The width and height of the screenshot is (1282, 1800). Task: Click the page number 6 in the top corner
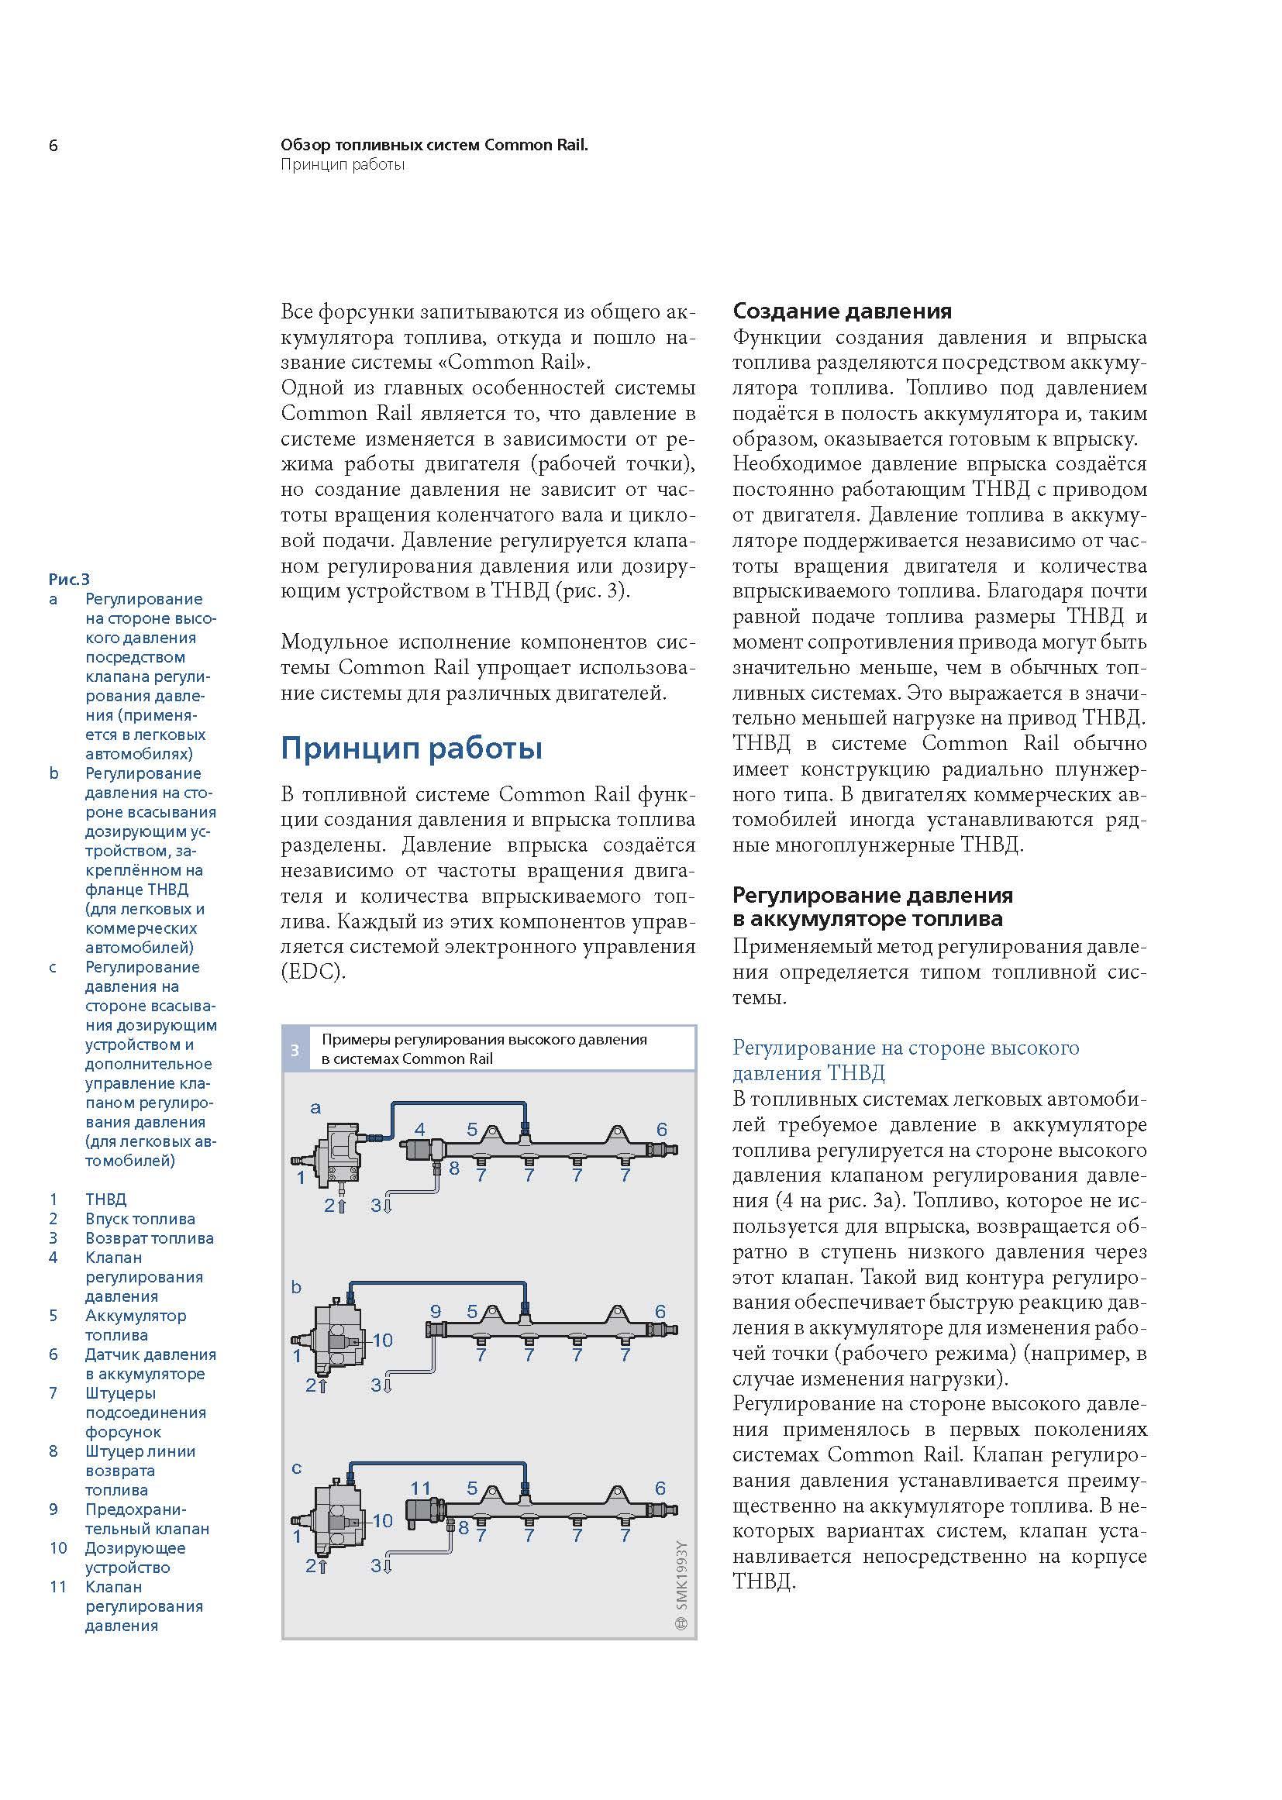53,146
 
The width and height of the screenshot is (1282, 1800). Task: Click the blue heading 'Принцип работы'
412,748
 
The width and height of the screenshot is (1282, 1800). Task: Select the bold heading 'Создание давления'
842,311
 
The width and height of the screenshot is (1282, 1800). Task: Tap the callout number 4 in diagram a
420,1130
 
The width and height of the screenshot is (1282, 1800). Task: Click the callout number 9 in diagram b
435,1312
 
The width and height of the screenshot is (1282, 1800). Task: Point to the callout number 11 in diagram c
421,1489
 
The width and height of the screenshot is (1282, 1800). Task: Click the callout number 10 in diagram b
383,1340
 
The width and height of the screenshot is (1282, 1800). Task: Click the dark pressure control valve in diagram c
424,1511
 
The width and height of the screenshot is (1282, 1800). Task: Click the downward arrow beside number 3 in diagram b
387,1385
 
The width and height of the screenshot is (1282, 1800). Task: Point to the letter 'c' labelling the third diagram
297,1468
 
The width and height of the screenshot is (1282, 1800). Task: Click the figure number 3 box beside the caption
295,1049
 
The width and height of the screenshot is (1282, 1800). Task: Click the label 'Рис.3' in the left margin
70,580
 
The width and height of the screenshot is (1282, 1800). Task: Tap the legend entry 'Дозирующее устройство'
135,1557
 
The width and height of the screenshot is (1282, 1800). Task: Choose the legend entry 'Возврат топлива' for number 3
149,1238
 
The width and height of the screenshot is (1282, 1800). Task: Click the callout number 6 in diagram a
661,1130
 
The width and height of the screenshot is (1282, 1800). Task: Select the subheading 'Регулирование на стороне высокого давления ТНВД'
905,1061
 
